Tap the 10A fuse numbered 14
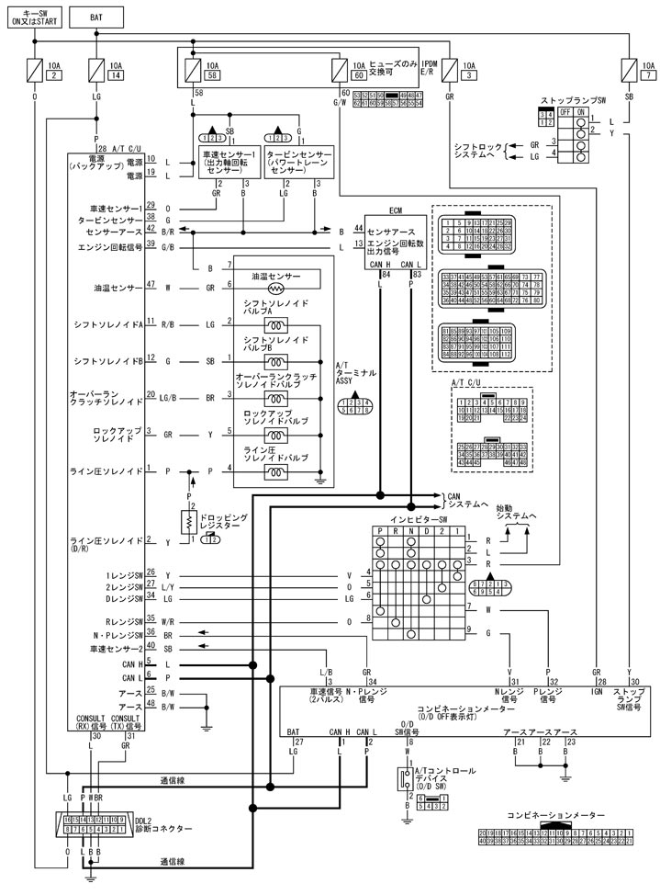98,70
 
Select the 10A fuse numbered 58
195,70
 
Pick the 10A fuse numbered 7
629,70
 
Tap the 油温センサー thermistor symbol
274,288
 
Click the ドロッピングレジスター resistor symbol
191,521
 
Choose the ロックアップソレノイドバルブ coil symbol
274,435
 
